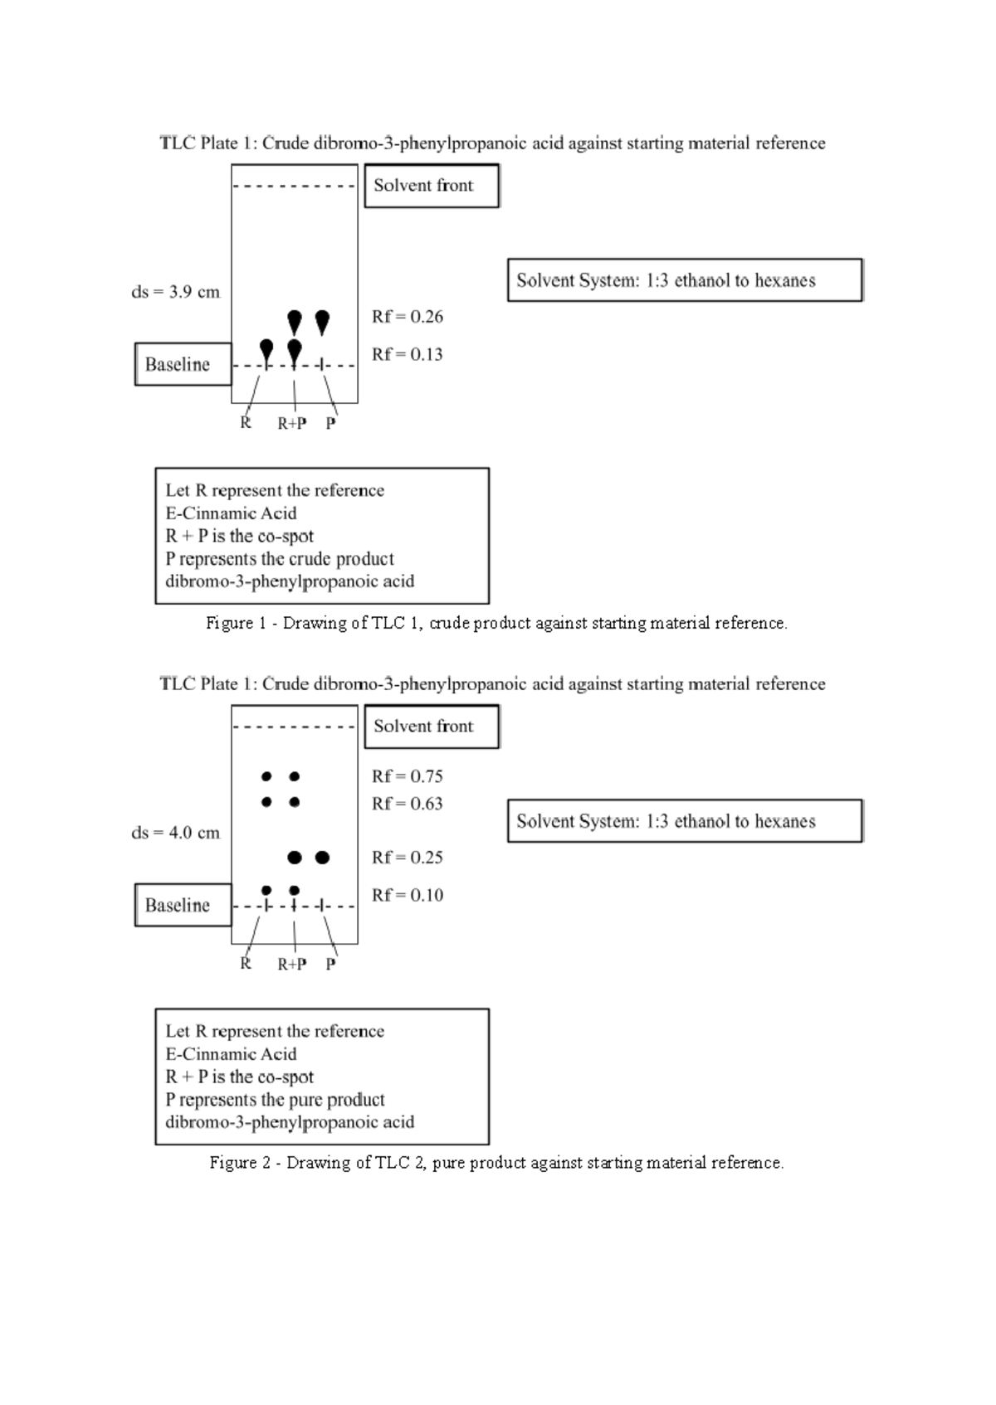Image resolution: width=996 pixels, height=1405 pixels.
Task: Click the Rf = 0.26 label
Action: tap(407, 317)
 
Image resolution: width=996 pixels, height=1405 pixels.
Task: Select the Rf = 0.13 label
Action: tap(407, 355)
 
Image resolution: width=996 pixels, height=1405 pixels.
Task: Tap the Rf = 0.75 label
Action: tap(407, 777)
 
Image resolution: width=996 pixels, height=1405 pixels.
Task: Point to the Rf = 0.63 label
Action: tap(407, 804)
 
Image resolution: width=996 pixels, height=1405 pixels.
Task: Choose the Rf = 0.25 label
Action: tap(407, 858)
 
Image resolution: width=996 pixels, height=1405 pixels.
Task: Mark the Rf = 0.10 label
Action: tap(407, 896)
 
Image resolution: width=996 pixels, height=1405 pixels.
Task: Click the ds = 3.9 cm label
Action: tap(176, 292)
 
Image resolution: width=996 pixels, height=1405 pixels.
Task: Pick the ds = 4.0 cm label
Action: tap(176, 833)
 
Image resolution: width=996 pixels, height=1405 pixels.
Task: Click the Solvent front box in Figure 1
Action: tap(432, 186)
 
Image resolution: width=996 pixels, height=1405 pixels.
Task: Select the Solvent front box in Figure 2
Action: tap(432, 727)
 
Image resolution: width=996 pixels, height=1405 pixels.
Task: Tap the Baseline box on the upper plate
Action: tap(183, 364)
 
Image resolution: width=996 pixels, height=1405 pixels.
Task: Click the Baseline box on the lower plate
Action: tap(183, 905)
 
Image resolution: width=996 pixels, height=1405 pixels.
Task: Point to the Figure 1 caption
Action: tap(496, 623)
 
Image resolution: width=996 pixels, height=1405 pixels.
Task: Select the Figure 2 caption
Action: tap(496, 1163)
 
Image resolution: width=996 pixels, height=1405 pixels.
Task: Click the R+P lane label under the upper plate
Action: tap(292, 424)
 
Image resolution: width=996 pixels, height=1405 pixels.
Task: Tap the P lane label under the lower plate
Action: tap(331, 965)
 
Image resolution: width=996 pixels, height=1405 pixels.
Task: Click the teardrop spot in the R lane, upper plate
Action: tap(266, 348)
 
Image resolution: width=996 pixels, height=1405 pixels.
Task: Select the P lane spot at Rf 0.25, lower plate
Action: tap(322, 857)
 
